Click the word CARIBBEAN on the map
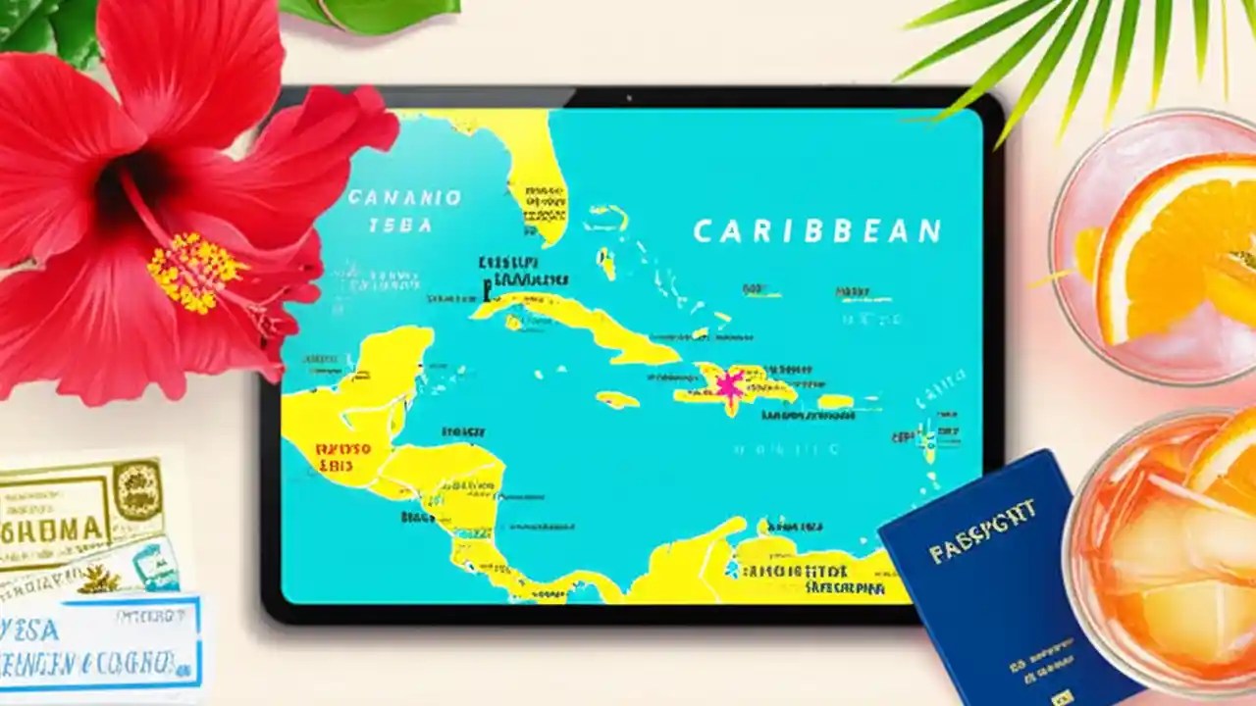pos(816,231)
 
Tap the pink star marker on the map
pos(728,385)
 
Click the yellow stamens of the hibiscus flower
pos(194,272)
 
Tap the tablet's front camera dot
pos(627,98)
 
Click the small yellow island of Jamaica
pos(617,399)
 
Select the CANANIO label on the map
pos(404,198)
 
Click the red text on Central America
pos(343,457)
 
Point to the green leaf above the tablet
pos(373,12)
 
